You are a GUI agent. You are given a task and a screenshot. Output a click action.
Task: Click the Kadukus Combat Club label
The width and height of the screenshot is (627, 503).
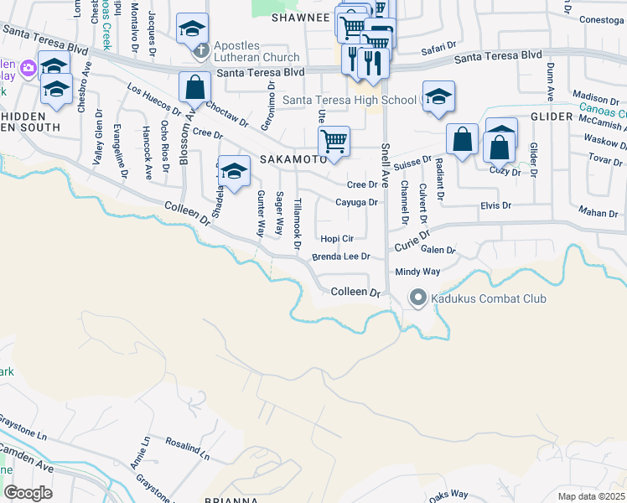[489, 298]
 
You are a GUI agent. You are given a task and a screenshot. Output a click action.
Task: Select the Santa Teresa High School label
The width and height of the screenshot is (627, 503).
[349, 101]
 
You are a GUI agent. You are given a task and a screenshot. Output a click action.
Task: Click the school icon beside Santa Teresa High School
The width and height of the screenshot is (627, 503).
[438, 97]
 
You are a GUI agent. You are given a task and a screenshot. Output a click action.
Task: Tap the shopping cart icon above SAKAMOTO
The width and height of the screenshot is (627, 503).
[334, 141]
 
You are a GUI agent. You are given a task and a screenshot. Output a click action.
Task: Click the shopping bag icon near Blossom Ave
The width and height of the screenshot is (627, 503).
[194, 86]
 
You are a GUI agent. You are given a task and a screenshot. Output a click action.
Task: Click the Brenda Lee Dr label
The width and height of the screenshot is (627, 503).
[341, 257]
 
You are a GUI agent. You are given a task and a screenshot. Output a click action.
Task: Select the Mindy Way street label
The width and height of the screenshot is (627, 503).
[417, 272]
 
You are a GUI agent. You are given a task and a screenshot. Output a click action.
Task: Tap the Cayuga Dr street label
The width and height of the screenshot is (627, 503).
[357, 202]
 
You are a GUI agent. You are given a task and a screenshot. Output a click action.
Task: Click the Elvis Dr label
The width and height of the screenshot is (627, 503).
[495, 205]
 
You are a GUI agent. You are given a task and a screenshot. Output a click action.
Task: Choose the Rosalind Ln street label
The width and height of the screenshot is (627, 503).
[187, 445]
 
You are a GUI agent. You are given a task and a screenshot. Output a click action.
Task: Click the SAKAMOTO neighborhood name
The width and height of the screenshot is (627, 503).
[292, 158]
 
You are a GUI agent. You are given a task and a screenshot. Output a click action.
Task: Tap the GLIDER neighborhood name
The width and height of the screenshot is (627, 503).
[551, 117]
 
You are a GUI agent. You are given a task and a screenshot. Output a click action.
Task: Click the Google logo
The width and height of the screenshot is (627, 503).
[28, 492]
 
